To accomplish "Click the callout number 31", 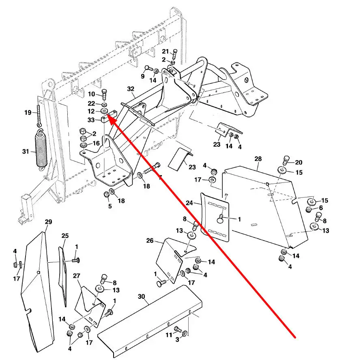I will tap(26, 152).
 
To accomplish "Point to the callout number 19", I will tap(28, 113).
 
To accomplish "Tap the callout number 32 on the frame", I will tap(130, 88).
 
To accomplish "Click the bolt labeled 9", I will tap(148, 69).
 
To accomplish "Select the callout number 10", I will tap(92, 94).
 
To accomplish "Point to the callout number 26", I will tap(150, 241).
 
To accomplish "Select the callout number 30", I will tap(141, 296).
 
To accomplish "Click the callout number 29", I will tap(49, 222).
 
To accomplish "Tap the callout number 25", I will tap(65, 236).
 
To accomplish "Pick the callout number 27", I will tap(77, 276).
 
